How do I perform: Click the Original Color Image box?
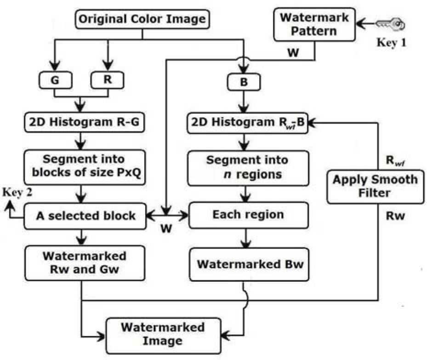click(142, 20)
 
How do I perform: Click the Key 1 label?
click(392, 42)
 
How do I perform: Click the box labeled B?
click(244, 83)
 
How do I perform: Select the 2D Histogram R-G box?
click(81, 122)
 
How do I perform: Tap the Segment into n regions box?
click(247, 167)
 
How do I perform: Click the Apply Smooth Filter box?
click(376, 185)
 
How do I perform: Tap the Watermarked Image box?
click(163, 334)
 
